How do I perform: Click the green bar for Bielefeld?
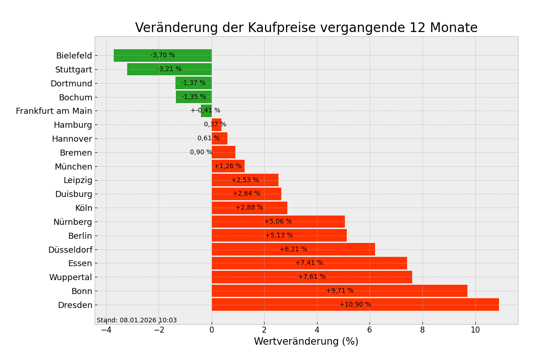click(x=162, y=55)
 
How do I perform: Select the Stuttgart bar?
click(x=169, y=69)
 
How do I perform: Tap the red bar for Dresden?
click(x=355, y=305)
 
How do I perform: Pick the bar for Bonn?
click(x=339, y=291)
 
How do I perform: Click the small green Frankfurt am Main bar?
click(x=207, y=111)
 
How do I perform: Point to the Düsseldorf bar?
click(x=293, y=249)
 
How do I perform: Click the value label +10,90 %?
click(x=355, y=305)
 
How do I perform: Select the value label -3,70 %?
click(x=162, y=55)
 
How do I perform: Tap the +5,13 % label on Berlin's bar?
click(x=279, y=236)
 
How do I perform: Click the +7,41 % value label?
click(x=309, y=263)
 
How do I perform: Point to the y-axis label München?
click(x=73, y=167)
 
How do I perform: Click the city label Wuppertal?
click(x=71, y=277)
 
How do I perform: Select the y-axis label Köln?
click(x=84, y=208)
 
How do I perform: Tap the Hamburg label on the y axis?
click(x=73, y=125)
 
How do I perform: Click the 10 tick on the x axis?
click(x=475, y=330)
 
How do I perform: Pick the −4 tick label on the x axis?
click(x=106, y=330)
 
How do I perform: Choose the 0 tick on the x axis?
click(x=212, y=330)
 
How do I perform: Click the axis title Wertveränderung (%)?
click(x=306, y=342)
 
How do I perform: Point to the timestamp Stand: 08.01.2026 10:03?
click(x=136, y=321)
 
